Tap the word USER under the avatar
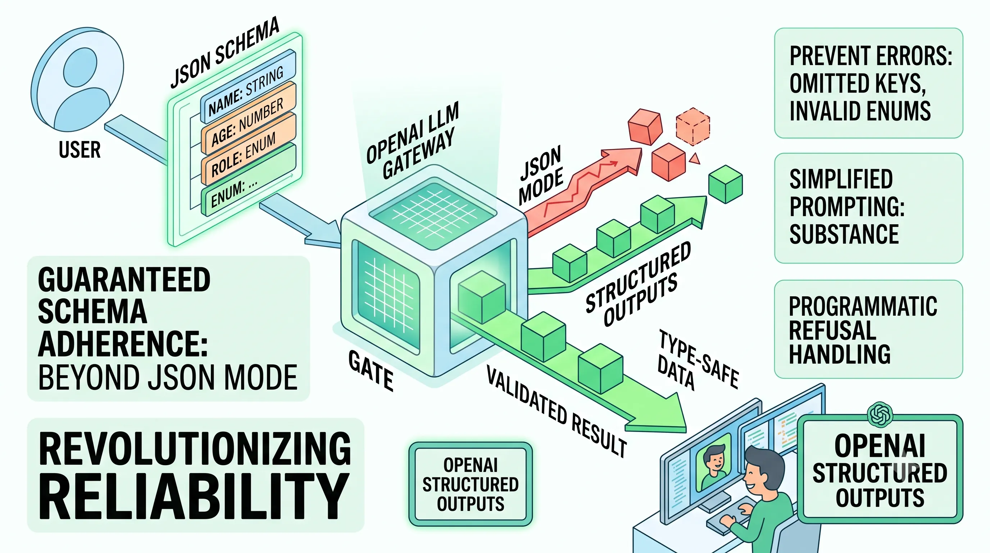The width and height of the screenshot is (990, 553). pyautogui.click(x=80, y=150)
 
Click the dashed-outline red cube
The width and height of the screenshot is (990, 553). pyautogui.click(x=692, y=126)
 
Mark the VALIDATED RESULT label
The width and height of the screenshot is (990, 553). pyautogui.click(x=557, y=411)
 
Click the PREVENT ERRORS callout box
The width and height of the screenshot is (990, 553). pyautogui.click(x=868, y=83)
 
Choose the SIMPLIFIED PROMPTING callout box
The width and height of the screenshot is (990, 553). pyautogui.click(x=868, y=208)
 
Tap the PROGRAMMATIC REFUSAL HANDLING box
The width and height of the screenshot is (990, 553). pyautogui.click(x=868, y=329)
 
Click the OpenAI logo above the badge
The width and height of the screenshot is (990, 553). pyautogui.click(x=880, y=414)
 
